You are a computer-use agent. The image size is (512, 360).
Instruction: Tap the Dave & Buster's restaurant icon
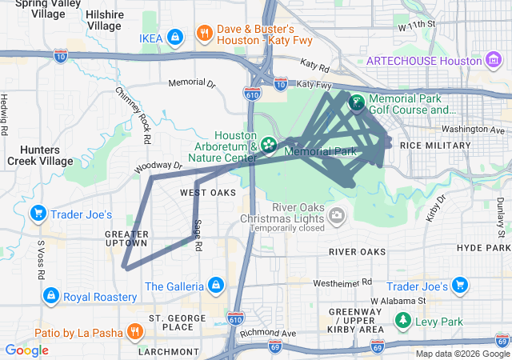click(205, 34)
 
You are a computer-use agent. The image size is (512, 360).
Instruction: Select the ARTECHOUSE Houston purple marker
click(494, 61)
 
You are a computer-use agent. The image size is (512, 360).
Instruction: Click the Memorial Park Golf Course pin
click(356, 103)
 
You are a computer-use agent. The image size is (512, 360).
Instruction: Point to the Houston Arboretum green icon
click(268, 145)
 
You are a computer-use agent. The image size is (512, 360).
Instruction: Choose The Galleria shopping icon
click(215, 285)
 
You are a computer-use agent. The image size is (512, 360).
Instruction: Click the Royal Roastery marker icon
click(50, 296)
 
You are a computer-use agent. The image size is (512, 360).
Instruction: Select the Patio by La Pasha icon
click(134, 330)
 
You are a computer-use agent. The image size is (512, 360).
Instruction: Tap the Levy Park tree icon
click(402, 322)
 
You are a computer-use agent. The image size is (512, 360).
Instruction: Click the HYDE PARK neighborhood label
click(482, 248)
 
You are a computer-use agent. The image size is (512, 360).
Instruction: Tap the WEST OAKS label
click(207, 193)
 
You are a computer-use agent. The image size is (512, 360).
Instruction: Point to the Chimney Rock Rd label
click(133, 115)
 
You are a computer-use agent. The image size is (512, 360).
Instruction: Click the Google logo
click(26, 350)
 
